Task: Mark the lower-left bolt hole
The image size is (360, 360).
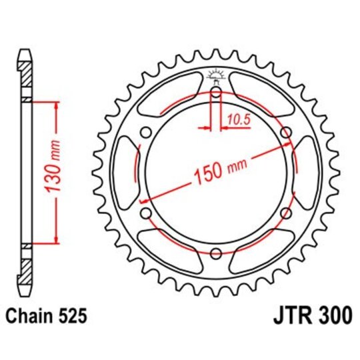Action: click(x=144, y=213)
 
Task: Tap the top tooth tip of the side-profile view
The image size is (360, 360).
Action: click(x=24, y=51)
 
